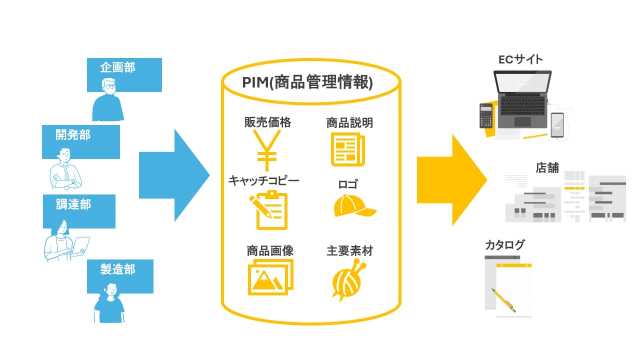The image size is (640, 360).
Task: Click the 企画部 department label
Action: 117,67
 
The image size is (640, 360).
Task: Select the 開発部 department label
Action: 73,135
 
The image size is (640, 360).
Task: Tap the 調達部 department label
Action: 73,204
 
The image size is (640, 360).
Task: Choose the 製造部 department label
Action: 117,269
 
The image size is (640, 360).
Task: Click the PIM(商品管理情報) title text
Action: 307,82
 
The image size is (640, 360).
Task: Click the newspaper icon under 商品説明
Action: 348,149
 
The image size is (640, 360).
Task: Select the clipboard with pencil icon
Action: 268,210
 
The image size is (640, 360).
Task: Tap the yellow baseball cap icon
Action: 353,206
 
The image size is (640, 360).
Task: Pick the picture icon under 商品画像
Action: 270,278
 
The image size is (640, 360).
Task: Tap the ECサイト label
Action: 520,59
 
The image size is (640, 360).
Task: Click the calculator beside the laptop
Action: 486,115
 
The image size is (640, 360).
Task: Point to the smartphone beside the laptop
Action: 557,125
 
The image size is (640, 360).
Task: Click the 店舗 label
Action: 547,167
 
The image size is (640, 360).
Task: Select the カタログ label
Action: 505,245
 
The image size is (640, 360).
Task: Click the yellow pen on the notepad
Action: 503,300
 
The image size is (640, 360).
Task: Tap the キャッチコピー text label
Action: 263,180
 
